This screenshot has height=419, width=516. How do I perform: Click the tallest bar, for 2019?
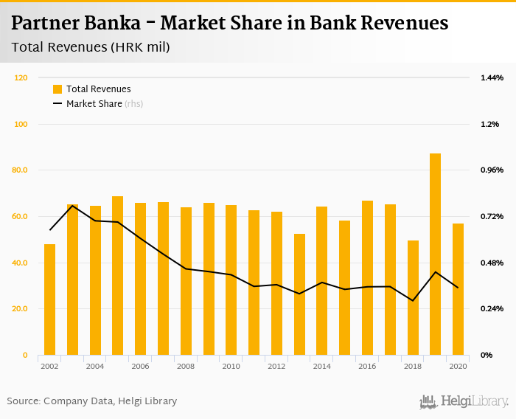coord(435,254)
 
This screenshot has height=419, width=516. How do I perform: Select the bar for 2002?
coord(50,299)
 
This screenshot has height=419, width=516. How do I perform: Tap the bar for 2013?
coord(299,294)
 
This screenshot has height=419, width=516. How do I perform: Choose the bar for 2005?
coord(118,276)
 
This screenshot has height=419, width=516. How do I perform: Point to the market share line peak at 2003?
coord(72,205)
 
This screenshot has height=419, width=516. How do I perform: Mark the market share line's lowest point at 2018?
coord(413,300)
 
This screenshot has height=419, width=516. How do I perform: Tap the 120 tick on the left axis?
coord(21,77)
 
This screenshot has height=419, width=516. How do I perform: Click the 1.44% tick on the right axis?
coord(492,77)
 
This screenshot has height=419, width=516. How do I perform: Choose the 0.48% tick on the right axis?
coord(492,263)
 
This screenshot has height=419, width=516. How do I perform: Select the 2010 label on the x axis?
coord(231,366)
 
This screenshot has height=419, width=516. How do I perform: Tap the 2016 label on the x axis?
coord(367,366)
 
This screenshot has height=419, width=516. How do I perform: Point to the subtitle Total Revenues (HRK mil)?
coord(91,48)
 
